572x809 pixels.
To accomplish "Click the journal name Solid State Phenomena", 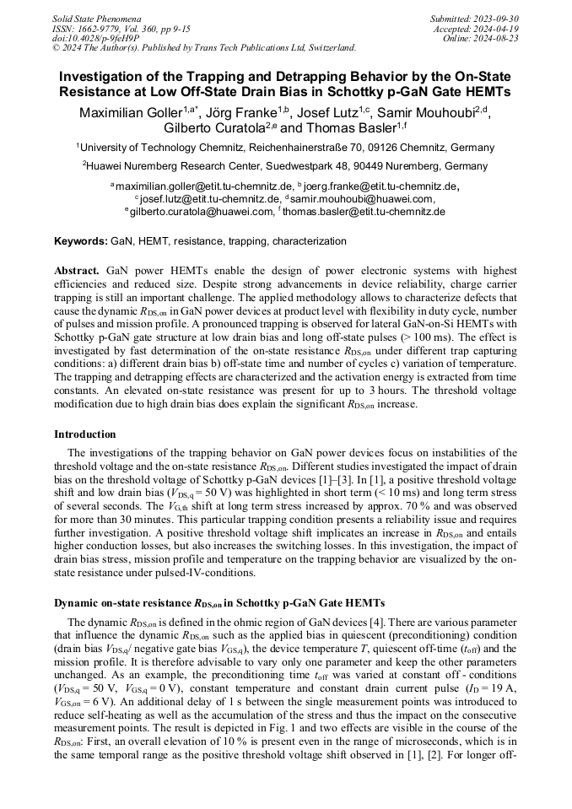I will pyautogui.click(x=96, y=18).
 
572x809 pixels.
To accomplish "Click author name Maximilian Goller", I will pyautogui.click(x=131, y=113).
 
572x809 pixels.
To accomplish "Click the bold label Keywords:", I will pyautogui.click(x=81, y=241).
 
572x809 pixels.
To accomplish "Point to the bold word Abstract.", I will pyautogui.click(x=77, y=271).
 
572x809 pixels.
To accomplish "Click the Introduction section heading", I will pyautogui.click(x=85, y=434).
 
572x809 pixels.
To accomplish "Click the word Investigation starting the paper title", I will pyautogui.click(x=105, y=76).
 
